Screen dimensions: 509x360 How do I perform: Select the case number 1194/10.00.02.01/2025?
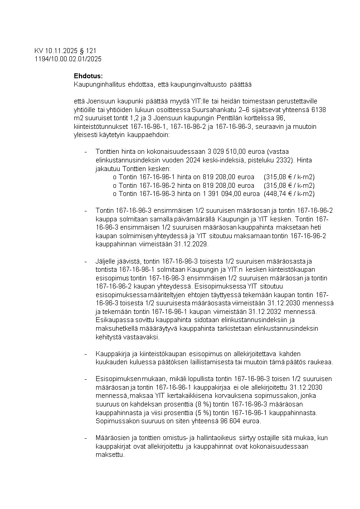68,59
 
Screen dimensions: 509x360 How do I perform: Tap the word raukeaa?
321,362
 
